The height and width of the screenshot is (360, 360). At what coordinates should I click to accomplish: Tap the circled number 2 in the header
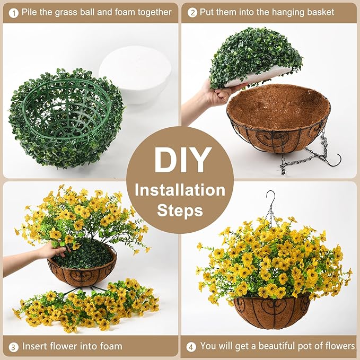192,12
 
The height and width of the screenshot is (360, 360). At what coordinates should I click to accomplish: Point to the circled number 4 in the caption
191,346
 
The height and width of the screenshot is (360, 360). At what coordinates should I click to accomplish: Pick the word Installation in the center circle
180,189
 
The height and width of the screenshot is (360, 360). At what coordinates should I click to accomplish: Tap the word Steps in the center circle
180,210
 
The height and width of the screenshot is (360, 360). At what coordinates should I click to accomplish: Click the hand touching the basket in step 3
50,250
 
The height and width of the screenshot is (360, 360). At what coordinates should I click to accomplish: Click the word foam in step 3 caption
110,346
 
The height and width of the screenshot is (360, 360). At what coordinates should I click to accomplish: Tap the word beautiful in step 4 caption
283,346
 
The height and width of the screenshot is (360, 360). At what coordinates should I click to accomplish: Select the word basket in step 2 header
320,12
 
